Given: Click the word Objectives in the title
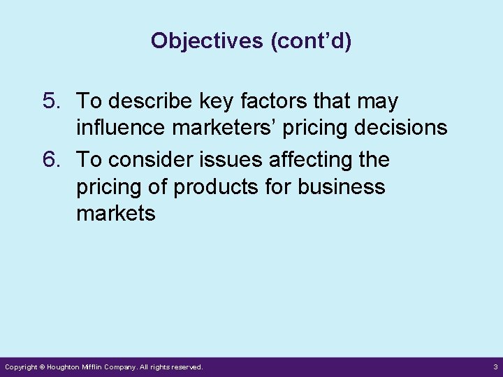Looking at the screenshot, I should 207,41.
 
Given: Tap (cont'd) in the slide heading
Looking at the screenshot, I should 311,41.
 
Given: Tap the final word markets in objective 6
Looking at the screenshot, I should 116,213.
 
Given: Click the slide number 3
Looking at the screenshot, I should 495,367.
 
